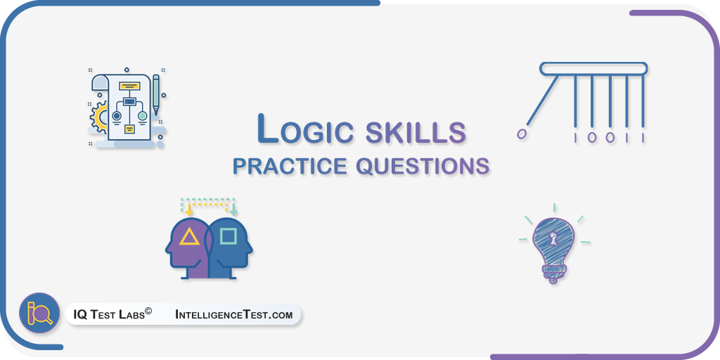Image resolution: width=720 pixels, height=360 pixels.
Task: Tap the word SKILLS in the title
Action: [416, 131]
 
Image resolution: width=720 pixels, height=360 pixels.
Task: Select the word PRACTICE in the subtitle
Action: [290, 166]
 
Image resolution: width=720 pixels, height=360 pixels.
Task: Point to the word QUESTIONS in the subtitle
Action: [423, 166]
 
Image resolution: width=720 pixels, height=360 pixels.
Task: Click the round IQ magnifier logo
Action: [39, 313]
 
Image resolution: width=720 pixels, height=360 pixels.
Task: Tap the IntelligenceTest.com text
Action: [233, 315]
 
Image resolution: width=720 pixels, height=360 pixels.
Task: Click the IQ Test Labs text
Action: [109, 315]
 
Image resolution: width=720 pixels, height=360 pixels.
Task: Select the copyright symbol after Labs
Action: [148, 311]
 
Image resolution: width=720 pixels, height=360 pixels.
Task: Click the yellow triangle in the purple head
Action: [189, 237]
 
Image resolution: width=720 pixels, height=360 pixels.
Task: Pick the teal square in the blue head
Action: [228, 236]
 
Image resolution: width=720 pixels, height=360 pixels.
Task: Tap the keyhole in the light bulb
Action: [553, 238]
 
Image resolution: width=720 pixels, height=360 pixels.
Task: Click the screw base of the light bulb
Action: [554, 274]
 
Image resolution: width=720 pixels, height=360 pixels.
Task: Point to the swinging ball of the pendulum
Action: [522, 134]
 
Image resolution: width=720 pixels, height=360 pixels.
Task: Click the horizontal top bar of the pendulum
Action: [593, 69]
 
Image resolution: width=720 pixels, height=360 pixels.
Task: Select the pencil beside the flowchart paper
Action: [156, 95]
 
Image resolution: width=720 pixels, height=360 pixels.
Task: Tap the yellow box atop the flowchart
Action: [129, 85]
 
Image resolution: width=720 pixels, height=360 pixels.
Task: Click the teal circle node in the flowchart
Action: [143, 116]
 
